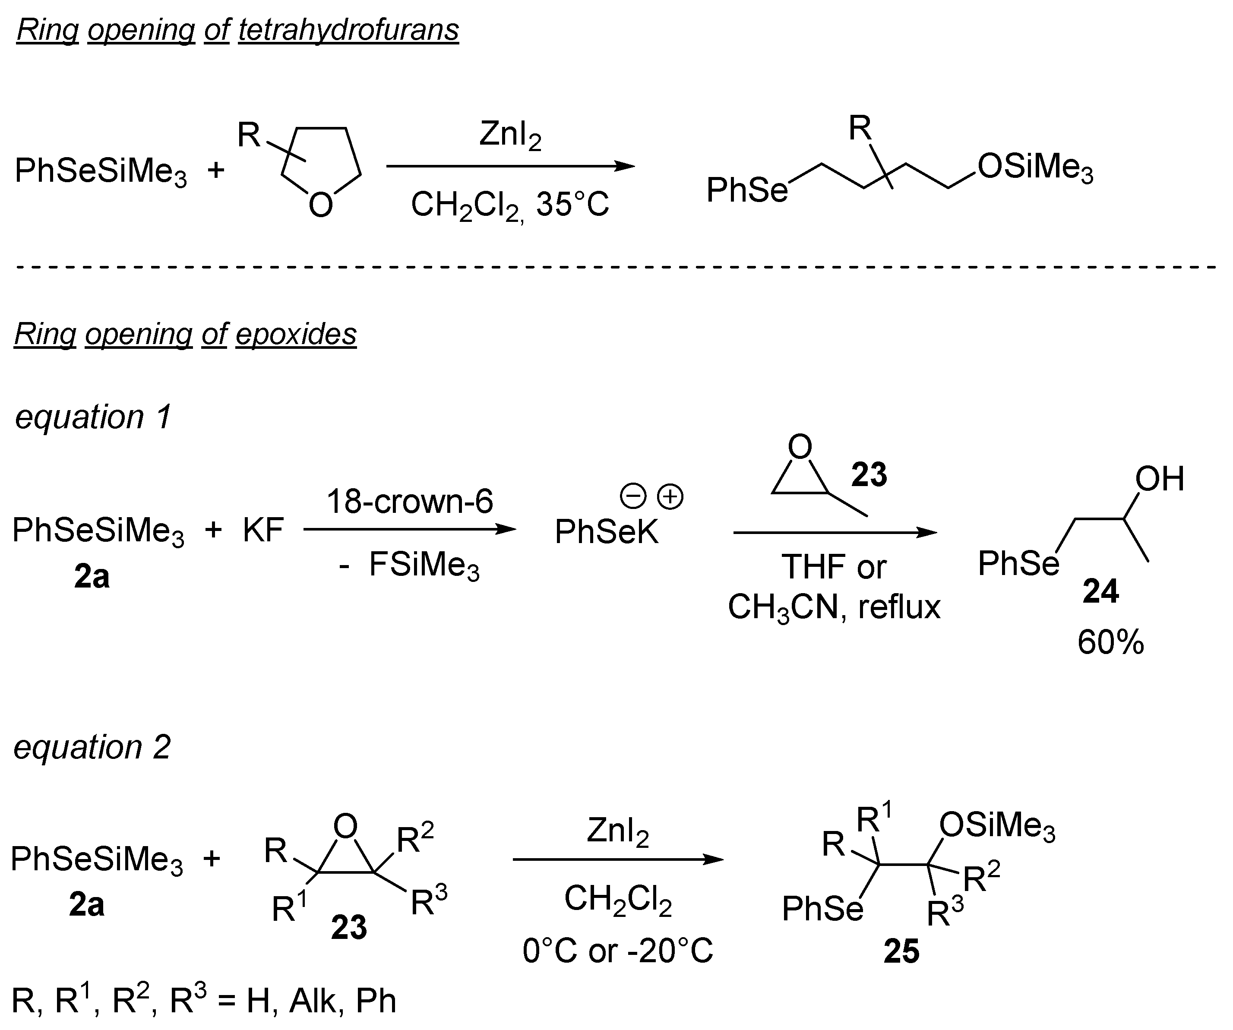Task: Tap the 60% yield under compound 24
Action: [x=1110, y=642]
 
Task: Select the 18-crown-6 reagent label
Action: [x=410, y=502]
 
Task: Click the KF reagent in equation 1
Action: [x=263, y=530]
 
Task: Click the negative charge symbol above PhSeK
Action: [x=633, y=497]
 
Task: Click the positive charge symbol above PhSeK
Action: [x=670, y=497]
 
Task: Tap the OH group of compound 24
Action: [x=1159, y=479]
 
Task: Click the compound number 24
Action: [x=1100, y=591]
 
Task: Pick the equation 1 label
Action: [x=93, y=417]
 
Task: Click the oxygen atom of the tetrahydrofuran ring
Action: [x=321, y=205]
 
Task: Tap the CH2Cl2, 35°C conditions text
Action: [x=509, y=205]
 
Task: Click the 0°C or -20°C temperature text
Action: [x=618, y=950]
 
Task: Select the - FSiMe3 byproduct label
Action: [x=410, y=566]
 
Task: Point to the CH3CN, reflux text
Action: [x=834, y=607]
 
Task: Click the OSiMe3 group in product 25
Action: [x=997, y=826]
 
